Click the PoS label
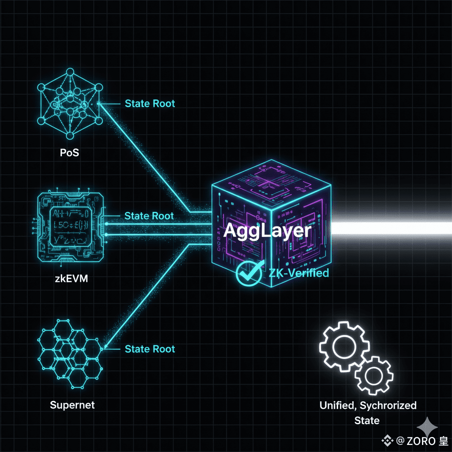[x=70, y=154]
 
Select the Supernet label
[x=72, y=405]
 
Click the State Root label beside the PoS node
[x=150, y=104]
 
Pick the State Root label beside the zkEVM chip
[x=149, y=216]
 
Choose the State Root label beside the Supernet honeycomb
[x=150, y=349]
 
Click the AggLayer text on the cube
[x=267, y=231]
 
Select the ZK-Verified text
[x=299, y=273]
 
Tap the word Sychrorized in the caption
[x=388, y=405]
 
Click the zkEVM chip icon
[x=69, y=228]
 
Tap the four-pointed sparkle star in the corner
[x=427, y=427]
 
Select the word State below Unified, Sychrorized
[x=367, y=420]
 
